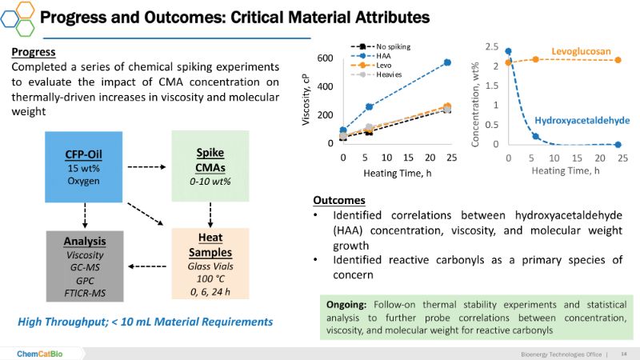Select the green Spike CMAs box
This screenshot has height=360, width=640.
(210, 166)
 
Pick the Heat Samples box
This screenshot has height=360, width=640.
(210, 264)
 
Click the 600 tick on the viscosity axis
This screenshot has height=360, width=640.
(326, 58)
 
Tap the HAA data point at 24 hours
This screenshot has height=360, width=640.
(447, 62)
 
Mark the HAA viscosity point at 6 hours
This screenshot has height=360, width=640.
(370, 106)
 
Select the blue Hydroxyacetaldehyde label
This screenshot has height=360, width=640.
(582, 120)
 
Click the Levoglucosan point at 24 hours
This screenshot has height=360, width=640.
(618, 60)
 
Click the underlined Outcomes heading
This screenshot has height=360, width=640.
(339, 200)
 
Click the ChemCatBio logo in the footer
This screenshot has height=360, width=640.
(39, 353)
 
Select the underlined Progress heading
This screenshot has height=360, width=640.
(34, 53)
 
